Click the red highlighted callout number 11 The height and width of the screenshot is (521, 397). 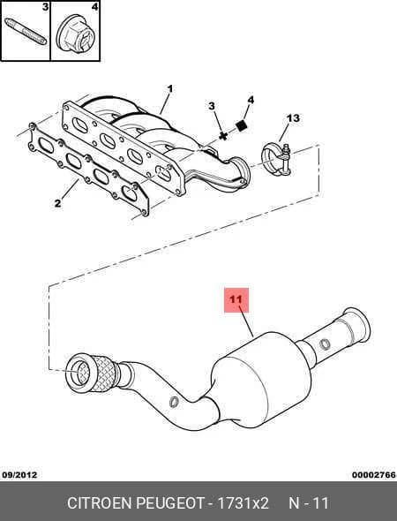236,299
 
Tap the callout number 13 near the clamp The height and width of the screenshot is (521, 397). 293,118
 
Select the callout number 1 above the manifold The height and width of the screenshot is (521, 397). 170,89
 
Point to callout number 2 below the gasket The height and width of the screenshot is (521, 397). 57,203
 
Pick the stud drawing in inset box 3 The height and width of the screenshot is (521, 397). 26,32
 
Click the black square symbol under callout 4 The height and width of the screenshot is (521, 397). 242,126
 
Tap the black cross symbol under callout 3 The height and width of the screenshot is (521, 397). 223,136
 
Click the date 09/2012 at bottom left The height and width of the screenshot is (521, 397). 20,475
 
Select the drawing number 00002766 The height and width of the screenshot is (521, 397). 374,475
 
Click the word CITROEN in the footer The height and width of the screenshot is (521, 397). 99,503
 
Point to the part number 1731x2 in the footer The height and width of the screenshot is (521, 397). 243,503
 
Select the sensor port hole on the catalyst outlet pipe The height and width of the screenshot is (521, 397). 325,344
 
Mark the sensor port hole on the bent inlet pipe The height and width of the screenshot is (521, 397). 174,402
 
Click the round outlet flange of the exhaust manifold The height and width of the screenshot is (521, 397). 241,172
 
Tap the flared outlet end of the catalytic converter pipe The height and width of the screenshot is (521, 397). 356,325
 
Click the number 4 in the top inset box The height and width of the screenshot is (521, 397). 94,7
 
